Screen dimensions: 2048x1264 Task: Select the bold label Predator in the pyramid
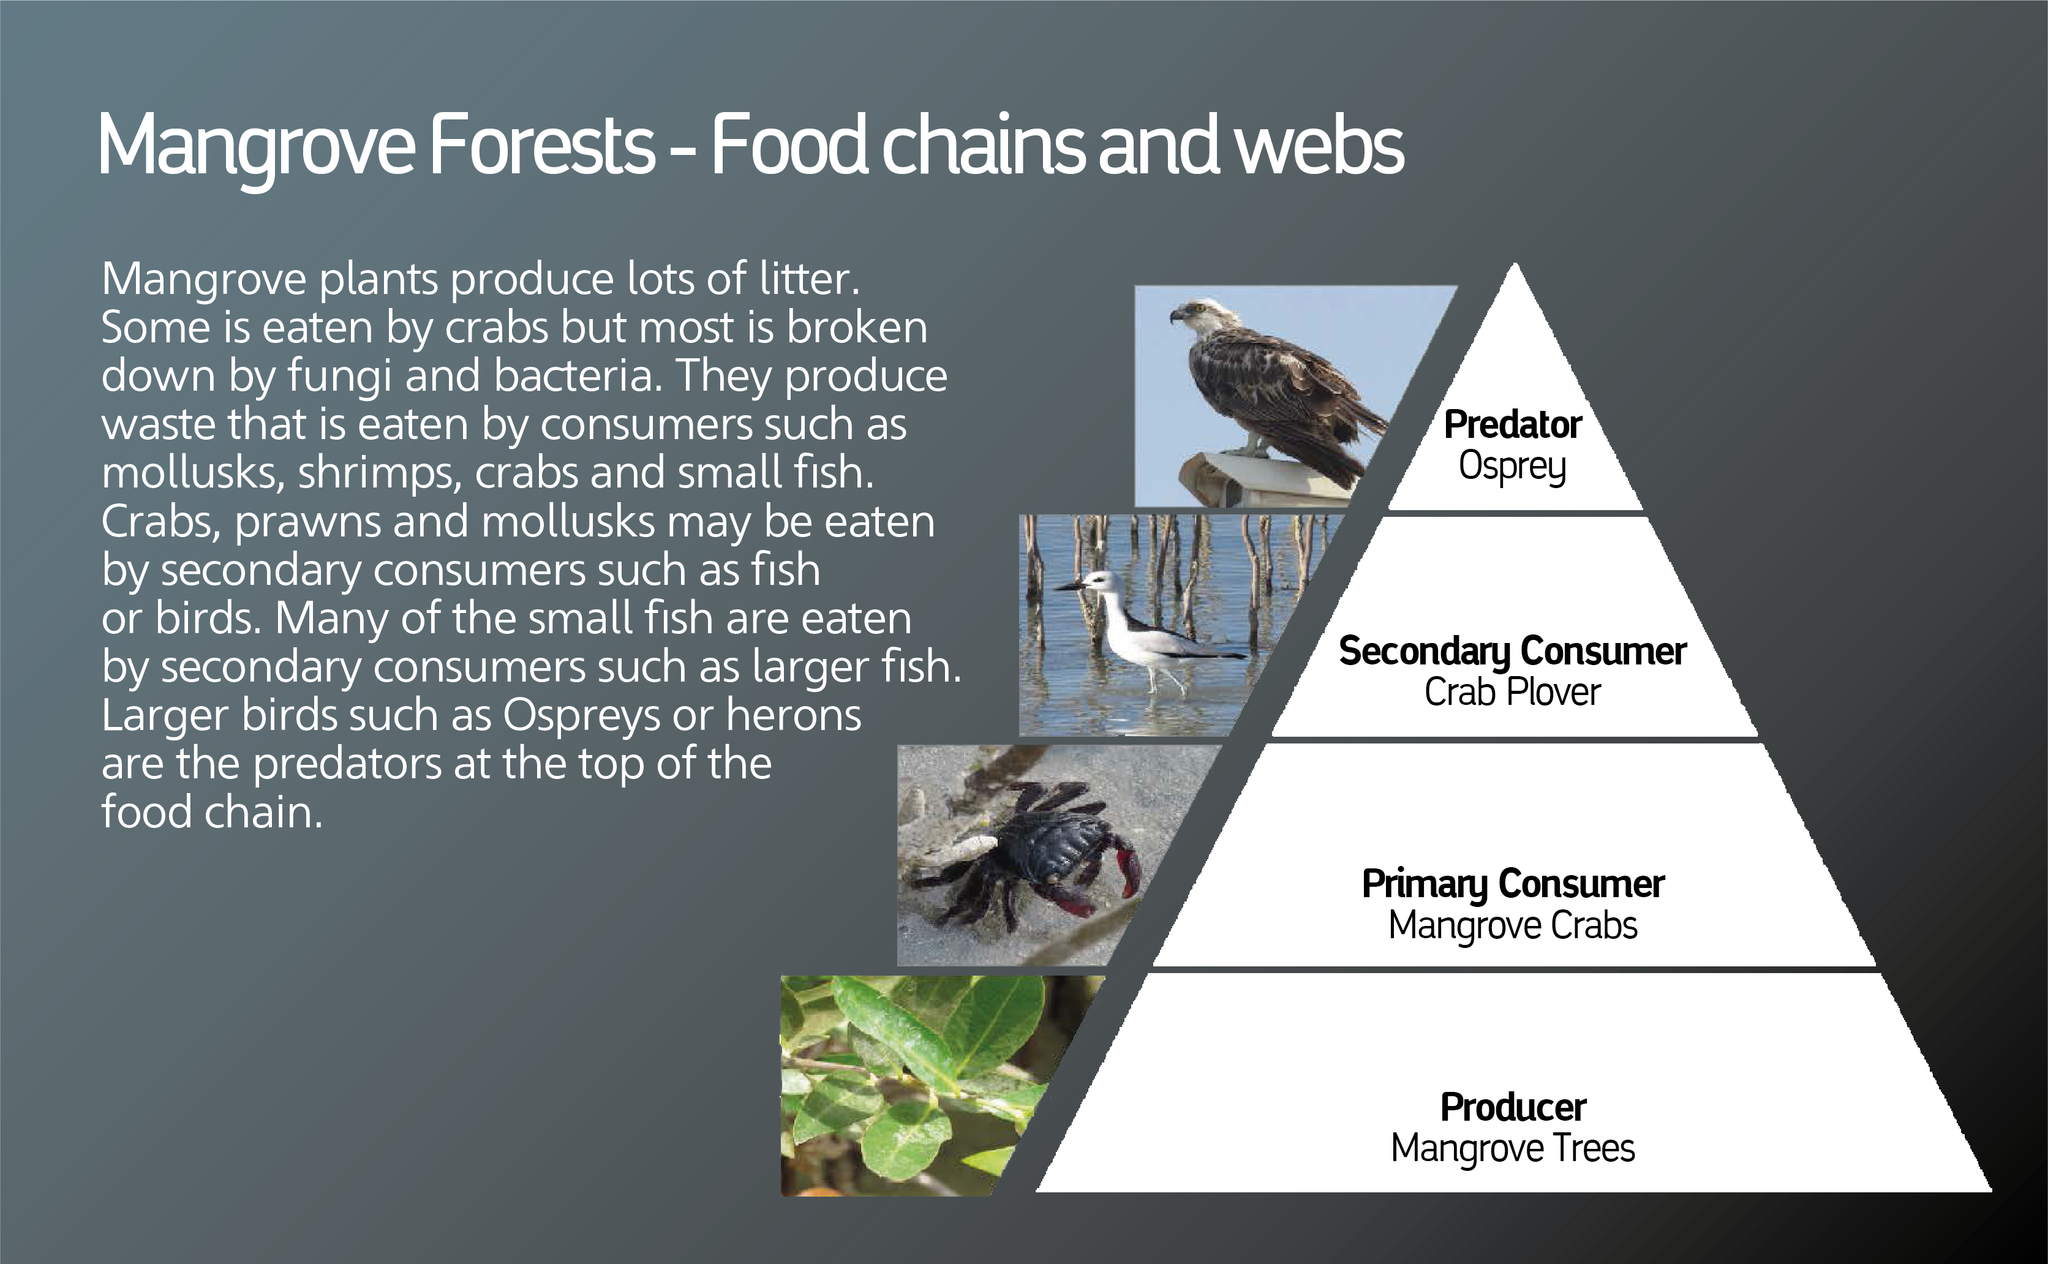(1513, 424)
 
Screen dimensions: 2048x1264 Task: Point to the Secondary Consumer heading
(1513, 651)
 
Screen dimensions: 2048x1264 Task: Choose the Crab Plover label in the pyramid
(1512, 692)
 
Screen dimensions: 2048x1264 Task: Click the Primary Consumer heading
(1513, 884)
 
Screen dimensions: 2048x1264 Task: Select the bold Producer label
(1513, 1108)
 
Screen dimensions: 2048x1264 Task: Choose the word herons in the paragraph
(793, 716)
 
